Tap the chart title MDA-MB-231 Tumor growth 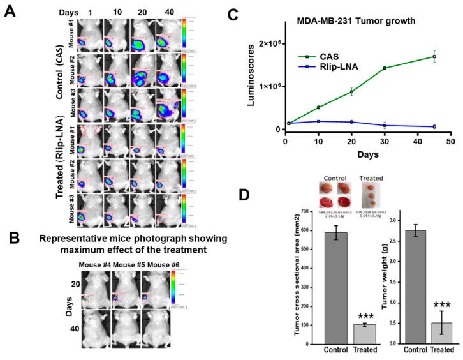pyautogui.click(x=349, y=20)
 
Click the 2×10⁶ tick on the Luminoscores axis pyautogui.click(x=265, y=43)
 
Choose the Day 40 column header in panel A pyautogui.click(x=167, y=12)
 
